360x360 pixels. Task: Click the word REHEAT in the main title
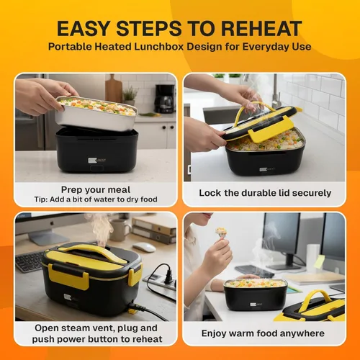click(261, 29)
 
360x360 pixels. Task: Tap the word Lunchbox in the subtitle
click(159, 46)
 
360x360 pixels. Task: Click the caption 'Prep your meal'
click(96, 189)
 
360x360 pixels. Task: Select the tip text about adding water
click(96, 199)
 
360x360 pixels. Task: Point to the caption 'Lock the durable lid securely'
click(265, 193)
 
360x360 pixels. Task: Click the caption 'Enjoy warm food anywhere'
click(263, 333)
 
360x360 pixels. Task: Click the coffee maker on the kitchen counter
click(164, 99)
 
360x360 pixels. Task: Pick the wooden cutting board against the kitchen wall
click(113, 88)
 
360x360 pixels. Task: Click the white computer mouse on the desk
click(144, 247)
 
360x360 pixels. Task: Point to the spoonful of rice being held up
click(221, 232)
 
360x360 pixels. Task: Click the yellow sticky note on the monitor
click(319, 261)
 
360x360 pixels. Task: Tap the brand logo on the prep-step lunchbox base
click(96, 161)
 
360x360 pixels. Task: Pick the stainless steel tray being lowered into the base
click(96, 114)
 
